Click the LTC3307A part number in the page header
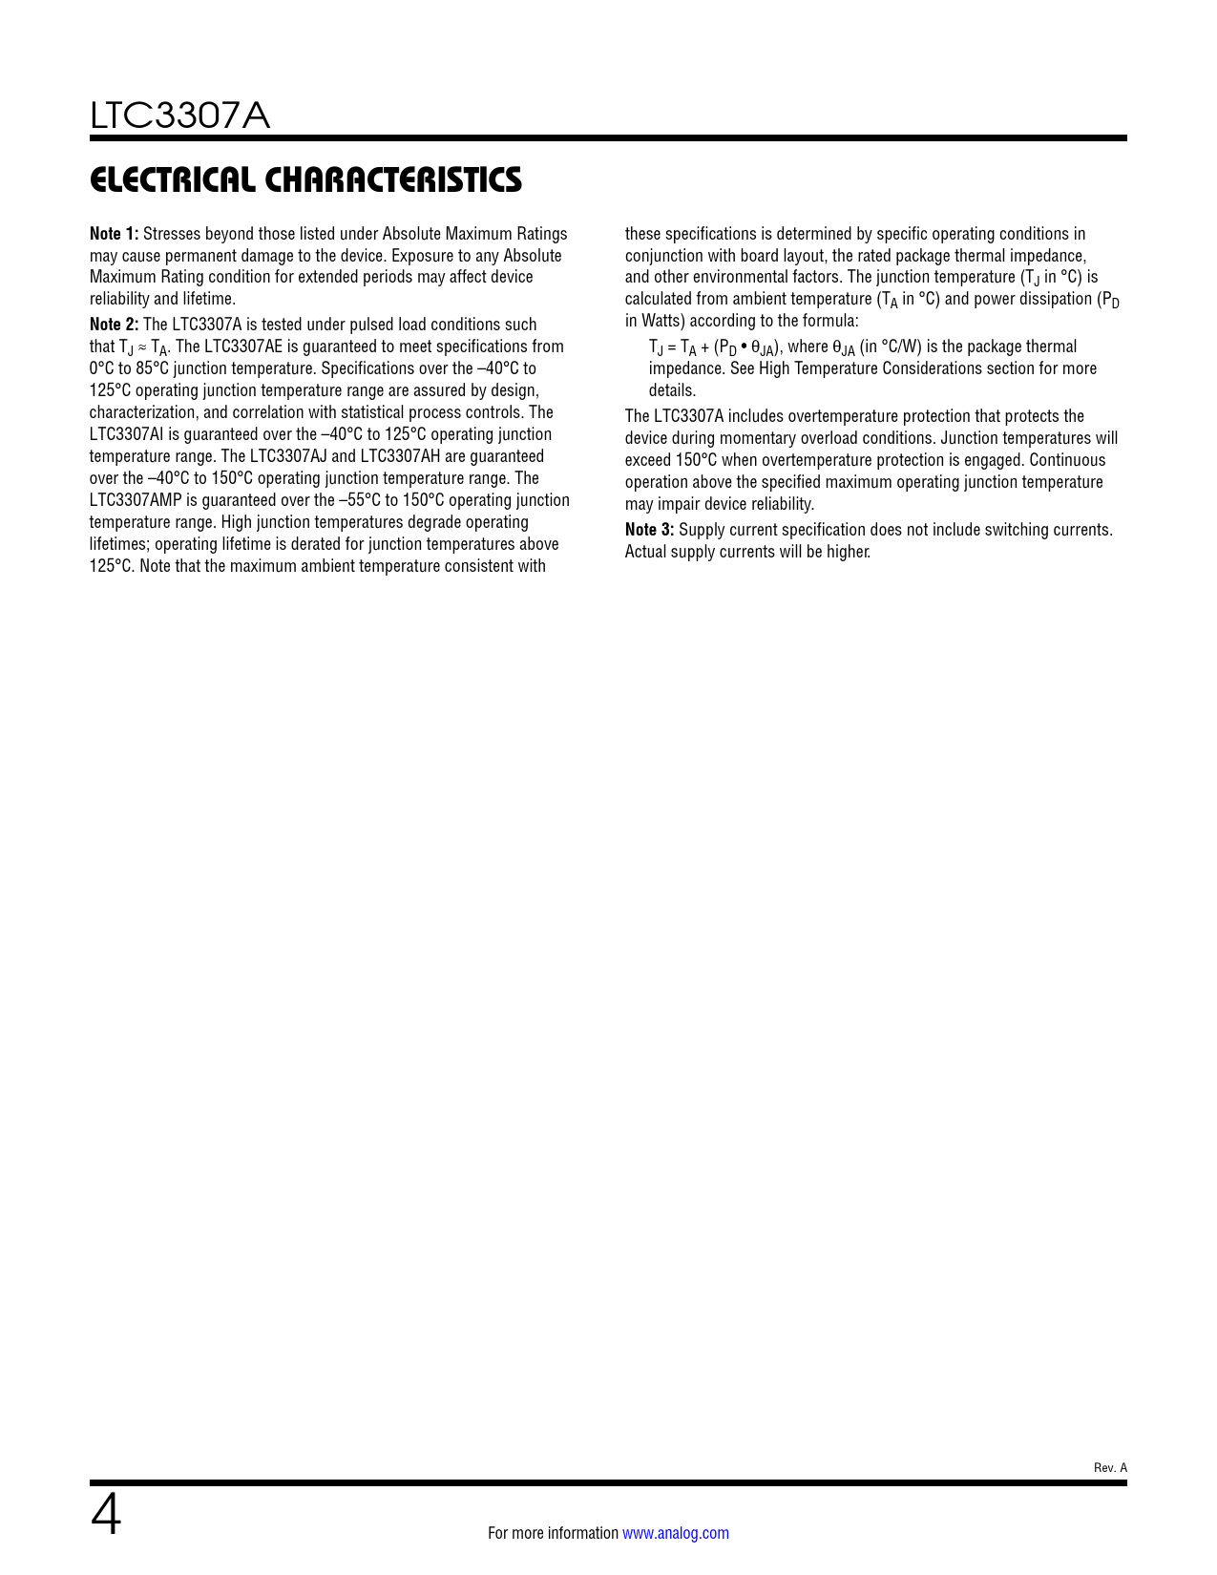[179, 116]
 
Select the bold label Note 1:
[114, 234]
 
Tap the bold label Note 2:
[114, 325]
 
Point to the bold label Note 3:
[649, 530]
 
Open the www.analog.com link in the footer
[675, 1533]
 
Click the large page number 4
[106, 1516]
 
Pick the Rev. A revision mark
[1110, 1468]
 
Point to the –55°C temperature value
[360, 500]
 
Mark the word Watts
[663, 321]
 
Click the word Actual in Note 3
[645, 552]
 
